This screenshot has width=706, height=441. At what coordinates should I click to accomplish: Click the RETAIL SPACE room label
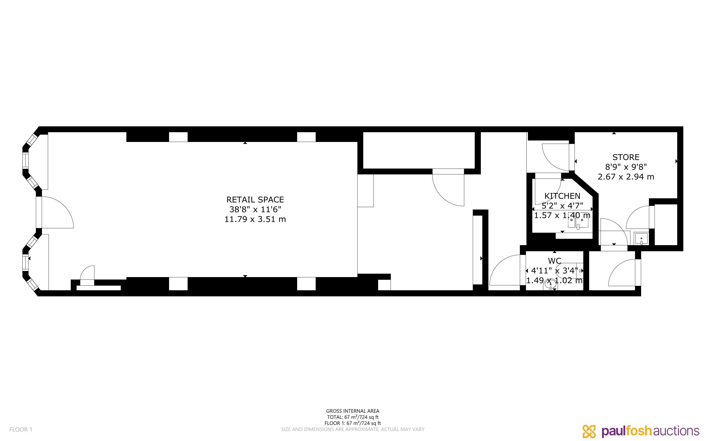[x=255, y=200]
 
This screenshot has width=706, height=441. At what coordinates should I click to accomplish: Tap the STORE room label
[x=626, y=157]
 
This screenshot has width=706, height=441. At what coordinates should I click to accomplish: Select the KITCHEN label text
[x=562, y=196]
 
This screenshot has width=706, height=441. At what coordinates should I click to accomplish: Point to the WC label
[x=554, y=261]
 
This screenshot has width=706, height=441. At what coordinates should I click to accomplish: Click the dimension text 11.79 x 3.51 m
[x=255, y=219]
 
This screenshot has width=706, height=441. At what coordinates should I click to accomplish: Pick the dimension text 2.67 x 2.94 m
[x=626, y=177]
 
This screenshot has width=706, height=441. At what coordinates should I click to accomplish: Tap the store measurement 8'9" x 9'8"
[x=626, y=167]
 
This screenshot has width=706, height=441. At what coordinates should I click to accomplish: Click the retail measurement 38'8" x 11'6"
[x=255, y=210]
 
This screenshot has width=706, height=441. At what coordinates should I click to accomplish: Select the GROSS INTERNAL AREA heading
[x=353, y=411]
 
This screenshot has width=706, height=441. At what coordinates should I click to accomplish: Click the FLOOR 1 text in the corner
[x=21, y=429]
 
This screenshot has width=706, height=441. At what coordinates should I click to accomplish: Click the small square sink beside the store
[x=641, y=239]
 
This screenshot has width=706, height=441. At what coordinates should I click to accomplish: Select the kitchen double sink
[x=578, y=223]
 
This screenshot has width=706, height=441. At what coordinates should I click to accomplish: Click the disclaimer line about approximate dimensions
[x=353, y=429]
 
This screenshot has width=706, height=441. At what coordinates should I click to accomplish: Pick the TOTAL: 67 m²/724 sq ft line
[x=353, y=417]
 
